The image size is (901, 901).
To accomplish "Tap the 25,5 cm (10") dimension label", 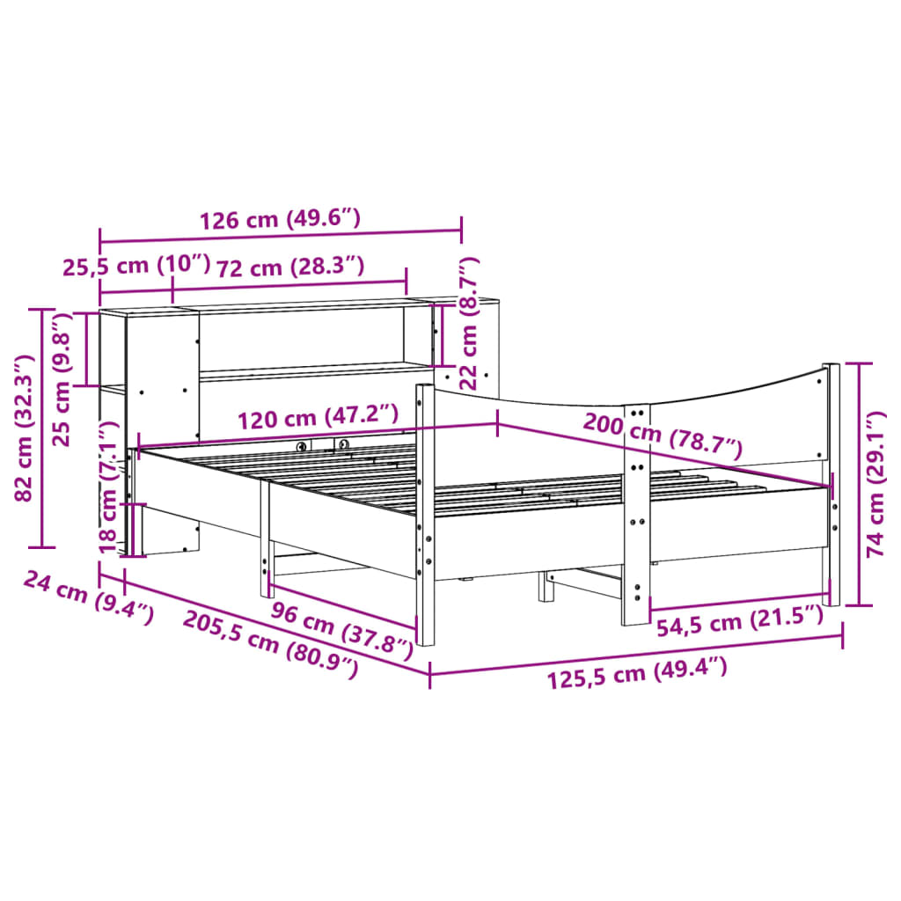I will tap(136, 267).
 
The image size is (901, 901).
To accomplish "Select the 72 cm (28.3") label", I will tap(290, 267).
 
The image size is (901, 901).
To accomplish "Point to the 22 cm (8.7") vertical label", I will tap(470, 323).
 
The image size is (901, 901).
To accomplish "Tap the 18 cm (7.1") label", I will tap(108, 487).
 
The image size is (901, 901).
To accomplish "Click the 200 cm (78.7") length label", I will tap(662, 437).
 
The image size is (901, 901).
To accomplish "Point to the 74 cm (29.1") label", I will tap(875, 485).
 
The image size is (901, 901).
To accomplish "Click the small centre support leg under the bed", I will tap(546, 587).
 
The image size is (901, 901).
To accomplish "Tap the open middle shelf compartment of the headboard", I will tap(299, 340).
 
